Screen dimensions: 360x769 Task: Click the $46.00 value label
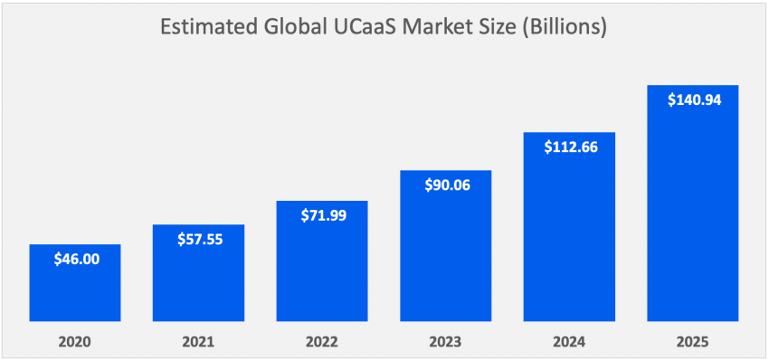[75, 260]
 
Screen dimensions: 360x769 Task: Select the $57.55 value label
[198, 240]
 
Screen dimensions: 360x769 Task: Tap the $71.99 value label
[322, 215]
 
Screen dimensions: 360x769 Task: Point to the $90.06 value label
[446, 185]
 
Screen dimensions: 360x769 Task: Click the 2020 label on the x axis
[75, 342]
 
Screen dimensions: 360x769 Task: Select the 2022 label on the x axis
[322, 342]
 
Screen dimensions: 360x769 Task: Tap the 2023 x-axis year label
[446, 342]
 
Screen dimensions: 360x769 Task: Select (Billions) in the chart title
[563, 28]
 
